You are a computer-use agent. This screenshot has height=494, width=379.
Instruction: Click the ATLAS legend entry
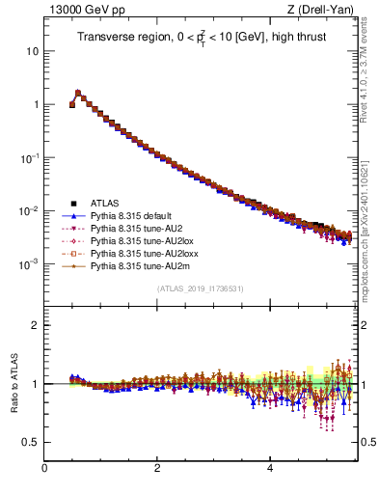[105, 204]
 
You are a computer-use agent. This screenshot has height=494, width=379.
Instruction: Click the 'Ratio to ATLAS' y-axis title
[14, 381]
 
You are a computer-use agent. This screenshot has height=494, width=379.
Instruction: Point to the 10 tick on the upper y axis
[33, 50]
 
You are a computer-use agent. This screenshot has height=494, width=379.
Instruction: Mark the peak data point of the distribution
[78, 94]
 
